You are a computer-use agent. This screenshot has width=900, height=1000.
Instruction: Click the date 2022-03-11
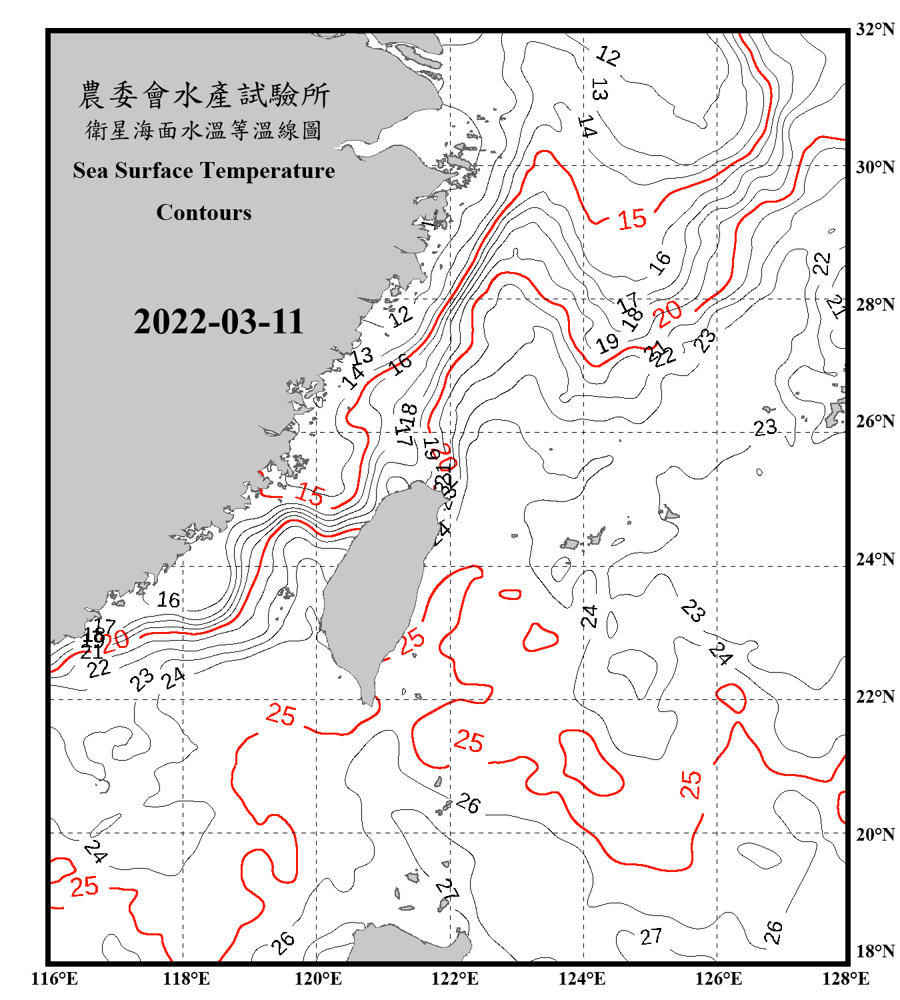(219, 321)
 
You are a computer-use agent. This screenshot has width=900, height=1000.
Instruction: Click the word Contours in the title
(204, 212)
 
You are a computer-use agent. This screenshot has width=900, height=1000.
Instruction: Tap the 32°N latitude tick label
(875, 29)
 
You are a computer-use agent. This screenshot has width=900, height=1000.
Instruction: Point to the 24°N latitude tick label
(875, 559)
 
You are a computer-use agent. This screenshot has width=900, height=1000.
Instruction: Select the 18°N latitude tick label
(875, 951)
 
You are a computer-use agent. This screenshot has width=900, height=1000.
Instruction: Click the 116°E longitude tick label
(55, 979)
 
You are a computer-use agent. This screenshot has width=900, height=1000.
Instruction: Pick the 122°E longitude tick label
(455, 979)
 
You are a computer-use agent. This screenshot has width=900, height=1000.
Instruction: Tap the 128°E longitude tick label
(845, 979)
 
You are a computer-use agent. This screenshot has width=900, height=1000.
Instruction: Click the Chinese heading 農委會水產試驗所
(204, 95)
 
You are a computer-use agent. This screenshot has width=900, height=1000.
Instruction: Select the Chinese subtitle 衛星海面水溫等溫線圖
(204, 130)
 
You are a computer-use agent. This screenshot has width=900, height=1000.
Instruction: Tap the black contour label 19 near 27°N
(607, 344)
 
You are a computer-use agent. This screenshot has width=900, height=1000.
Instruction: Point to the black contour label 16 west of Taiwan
(169, 600)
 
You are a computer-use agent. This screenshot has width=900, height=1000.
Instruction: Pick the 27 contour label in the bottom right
(651, 937)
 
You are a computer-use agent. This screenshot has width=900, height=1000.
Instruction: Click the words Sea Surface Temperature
(204, 171)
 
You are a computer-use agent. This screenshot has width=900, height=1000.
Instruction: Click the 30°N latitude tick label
(875, 167)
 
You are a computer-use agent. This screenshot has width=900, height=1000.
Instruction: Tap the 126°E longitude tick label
(719, 979)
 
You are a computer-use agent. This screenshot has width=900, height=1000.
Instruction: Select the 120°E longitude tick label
(318, 979)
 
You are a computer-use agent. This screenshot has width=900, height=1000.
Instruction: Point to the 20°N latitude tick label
(875, 833)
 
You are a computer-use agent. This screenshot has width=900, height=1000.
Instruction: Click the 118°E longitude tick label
(186, 979)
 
